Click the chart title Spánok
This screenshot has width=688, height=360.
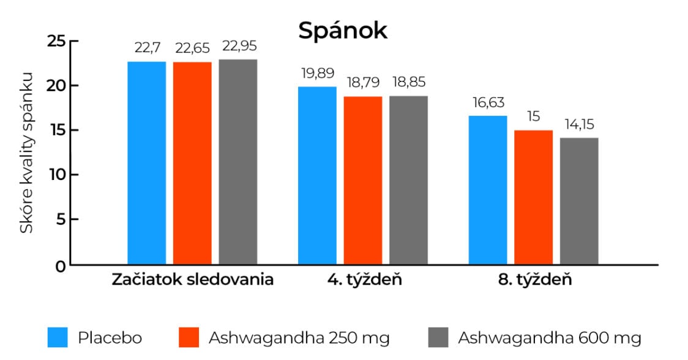click(343, 31)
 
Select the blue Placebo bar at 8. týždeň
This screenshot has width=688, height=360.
click(488, 190)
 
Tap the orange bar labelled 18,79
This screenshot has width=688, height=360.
click(363, 181)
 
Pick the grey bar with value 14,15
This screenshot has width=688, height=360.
click(579, 201)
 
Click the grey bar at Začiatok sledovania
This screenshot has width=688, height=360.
click(238, 162)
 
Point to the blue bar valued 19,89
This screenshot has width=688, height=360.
click(317, 176)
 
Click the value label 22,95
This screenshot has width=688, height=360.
click(238, 47)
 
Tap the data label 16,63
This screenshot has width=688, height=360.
click(488, 103)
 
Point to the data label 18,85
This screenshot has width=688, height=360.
click(408, 83)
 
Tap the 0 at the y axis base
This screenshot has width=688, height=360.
click(61, 266)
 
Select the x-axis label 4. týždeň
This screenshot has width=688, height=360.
click(364, 280)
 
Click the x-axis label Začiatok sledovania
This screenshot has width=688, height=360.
click(192, 280)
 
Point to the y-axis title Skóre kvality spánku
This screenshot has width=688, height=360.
click(26, 153)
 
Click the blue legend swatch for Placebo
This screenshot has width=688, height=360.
click(58, 337)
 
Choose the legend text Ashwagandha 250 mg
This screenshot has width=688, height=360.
click(299, 337)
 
